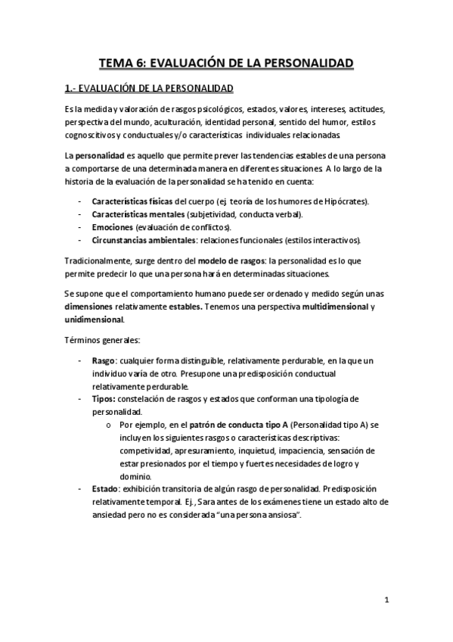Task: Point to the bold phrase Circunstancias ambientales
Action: pyautogui.click(x=141, y=240)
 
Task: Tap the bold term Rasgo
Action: pyautogui.click(x=103, y=362)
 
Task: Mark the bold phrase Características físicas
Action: pyautogui.click(x=132, y=202)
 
